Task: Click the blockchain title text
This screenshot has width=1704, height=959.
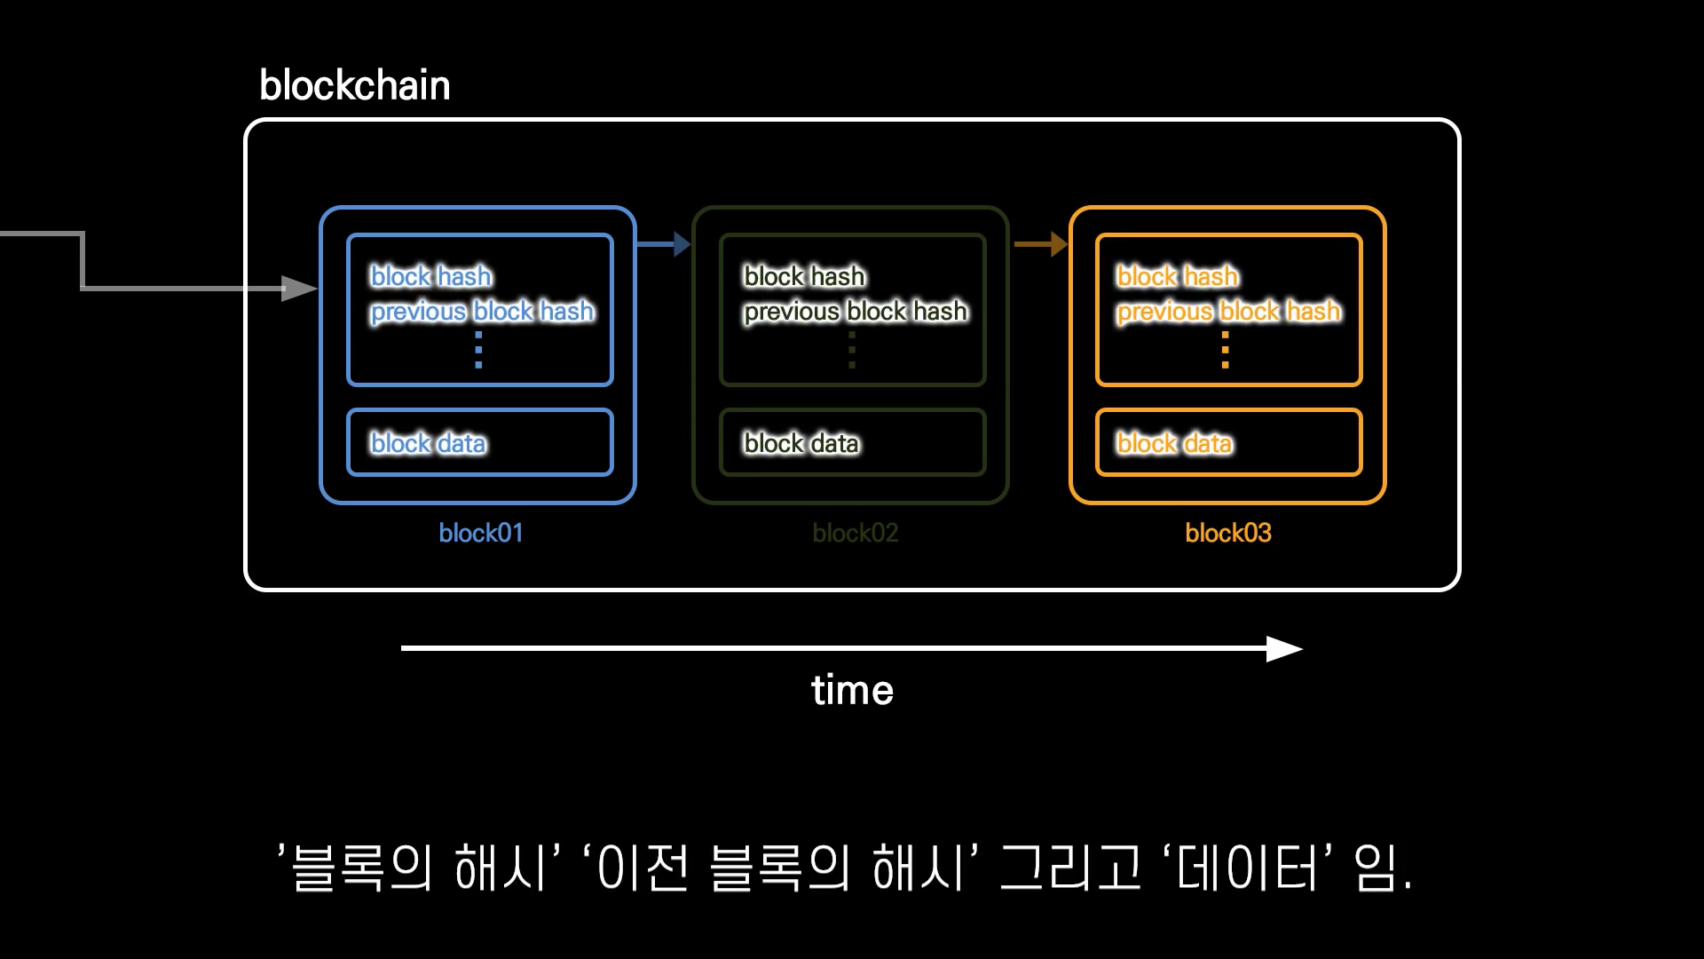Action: (354, 86)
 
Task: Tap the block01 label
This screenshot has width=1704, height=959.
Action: (480, 533)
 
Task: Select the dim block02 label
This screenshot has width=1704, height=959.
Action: (855, 533)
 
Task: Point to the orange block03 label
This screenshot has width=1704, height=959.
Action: (1227, 533)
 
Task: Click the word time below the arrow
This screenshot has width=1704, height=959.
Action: (852, 690)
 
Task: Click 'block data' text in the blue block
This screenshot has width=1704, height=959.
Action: (428, 443)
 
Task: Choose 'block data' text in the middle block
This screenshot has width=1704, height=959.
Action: (801, 443)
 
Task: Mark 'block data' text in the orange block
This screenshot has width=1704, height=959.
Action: (1174, 443)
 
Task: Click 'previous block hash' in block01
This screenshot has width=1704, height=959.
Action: (482, 312)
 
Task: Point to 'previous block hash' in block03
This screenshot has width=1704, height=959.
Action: (1228, 312)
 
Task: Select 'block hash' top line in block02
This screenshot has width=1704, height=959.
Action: (804, 277)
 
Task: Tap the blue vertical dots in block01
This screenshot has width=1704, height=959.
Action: (478, 350)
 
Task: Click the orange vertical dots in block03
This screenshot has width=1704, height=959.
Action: (1225, 350)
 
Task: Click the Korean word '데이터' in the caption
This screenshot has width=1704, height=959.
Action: (1247, 868)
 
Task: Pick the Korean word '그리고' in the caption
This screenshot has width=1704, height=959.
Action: (1069, 868)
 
